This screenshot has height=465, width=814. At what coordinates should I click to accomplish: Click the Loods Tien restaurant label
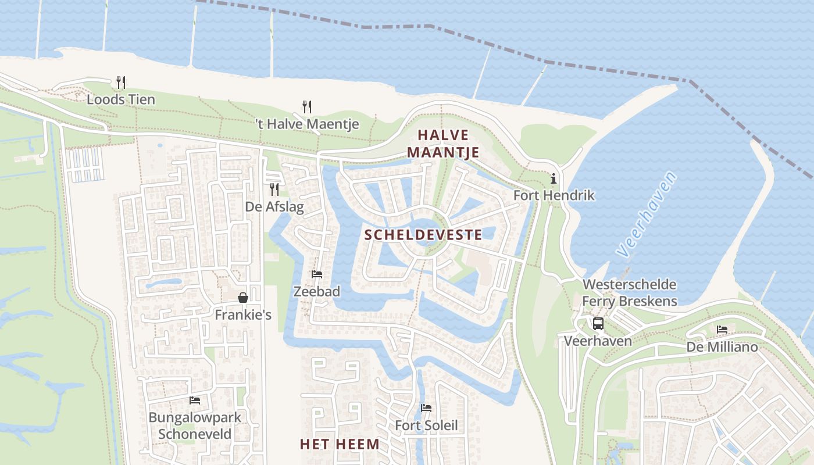(x=121, y=99)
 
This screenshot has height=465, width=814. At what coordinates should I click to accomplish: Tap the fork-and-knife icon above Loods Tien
(x=121, y=83)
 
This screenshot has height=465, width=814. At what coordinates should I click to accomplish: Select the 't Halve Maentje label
(x=307, y=124)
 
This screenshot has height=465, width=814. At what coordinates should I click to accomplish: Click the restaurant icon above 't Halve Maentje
(x=307, y=106)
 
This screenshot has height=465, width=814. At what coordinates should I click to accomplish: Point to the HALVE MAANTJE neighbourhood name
(x=443, y=144)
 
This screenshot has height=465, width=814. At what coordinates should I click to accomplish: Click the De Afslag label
(x=274, y=207)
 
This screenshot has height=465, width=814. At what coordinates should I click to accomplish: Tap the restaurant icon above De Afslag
(x=274, y=189)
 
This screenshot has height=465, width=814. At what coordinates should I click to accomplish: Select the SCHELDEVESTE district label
(x=423, y=235)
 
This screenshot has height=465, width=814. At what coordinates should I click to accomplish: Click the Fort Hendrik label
(x=554, y=195)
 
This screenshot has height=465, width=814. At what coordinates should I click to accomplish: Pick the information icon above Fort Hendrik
(x=554, y=178)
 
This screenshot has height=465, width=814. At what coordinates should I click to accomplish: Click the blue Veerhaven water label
(x=647, y=214)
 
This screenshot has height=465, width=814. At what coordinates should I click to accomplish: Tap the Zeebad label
(x=317, y=292)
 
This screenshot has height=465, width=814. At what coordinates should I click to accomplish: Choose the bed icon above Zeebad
(x=317, y=274)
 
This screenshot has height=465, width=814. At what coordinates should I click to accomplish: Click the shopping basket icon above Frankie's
(x=243, y=298)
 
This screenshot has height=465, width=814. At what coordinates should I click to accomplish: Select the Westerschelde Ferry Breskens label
(x=630, y=292)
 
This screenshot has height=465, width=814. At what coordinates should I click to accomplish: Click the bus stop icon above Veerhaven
(x=598, y=324)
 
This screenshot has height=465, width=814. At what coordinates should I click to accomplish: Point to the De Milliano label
(x=722, y=347)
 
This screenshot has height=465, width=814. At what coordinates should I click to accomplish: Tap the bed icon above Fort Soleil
(x=426, y=408)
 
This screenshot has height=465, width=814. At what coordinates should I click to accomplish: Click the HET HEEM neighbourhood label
(x=340, y=444)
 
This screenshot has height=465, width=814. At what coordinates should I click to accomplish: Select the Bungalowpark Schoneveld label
(x=195, y=425)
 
